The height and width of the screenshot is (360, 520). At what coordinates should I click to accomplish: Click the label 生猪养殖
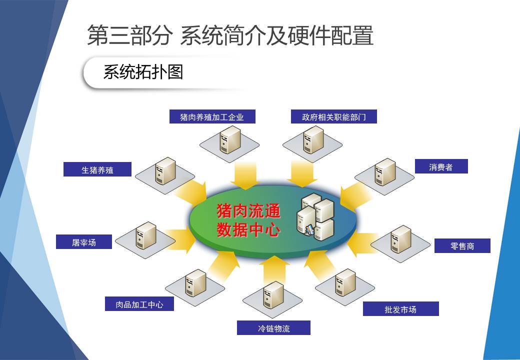[97, 169]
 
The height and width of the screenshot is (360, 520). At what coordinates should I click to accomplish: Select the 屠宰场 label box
[84, 241]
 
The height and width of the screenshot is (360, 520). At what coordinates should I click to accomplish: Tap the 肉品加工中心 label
[139, 303]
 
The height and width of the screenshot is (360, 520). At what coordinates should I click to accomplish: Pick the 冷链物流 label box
[273, 328]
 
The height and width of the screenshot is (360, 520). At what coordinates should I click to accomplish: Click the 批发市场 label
[400, 309]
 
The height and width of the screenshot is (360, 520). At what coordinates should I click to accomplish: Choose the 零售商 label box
[462, 245]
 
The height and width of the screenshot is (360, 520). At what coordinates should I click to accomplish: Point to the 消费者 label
[441, 166]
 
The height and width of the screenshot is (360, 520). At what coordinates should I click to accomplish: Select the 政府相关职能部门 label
[334, 116]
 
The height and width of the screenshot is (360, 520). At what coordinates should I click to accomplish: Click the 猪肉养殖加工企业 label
[212, 116]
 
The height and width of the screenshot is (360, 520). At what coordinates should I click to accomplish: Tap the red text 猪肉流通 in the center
[248, 211]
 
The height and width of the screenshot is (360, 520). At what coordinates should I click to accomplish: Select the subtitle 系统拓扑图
[143, 72]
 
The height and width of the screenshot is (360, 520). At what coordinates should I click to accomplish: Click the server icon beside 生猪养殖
[165, 171]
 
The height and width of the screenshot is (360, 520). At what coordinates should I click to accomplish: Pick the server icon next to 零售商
[401, 239]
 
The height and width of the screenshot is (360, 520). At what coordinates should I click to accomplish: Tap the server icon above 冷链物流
[273, 295]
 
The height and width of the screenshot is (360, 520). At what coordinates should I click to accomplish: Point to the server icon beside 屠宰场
[146, 235]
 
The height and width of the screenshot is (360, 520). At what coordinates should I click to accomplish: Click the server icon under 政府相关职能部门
[313, 140]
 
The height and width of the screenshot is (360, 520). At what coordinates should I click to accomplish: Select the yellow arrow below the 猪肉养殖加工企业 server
[245, 175]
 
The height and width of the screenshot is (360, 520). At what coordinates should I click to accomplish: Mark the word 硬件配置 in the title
[330, 35]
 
